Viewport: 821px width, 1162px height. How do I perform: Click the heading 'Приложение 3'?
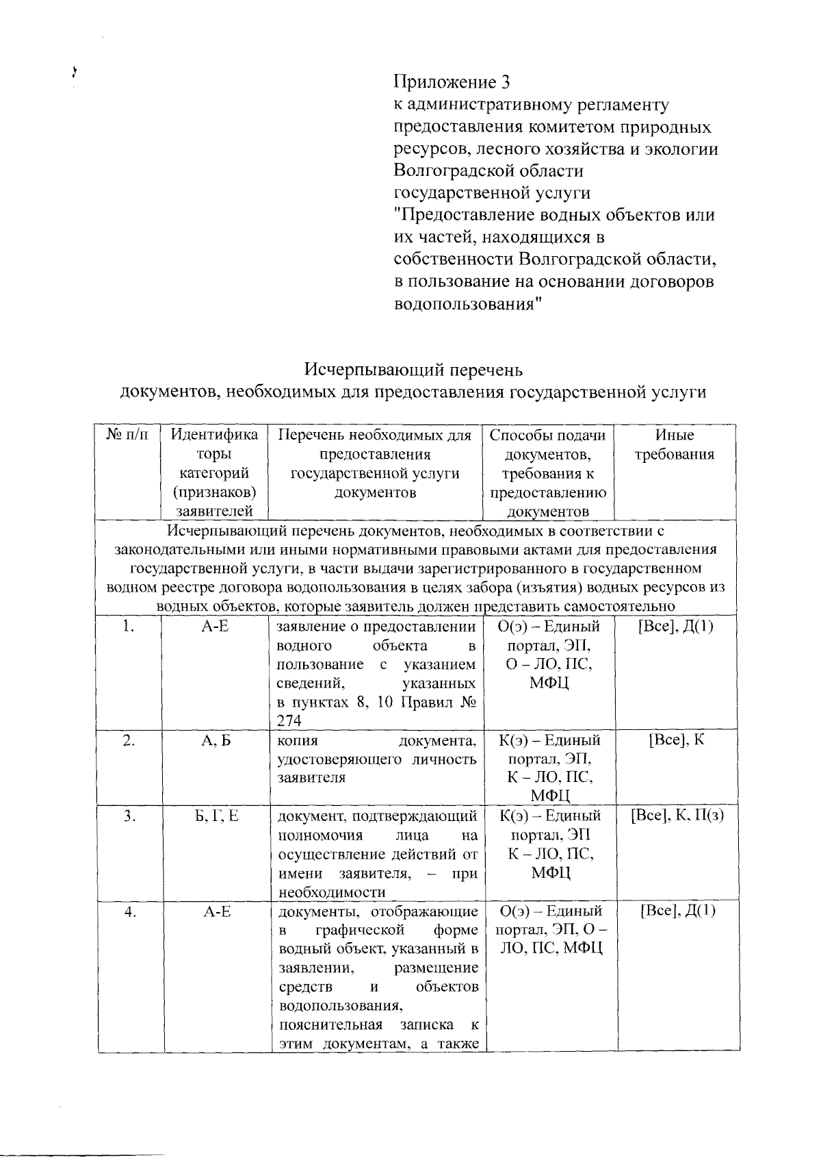[452, 82]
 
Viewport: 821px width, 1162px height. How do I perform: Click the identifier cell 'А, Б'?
[216, 740]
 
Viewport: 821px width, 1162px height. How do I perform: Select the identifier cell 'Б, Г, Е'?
[216, 816]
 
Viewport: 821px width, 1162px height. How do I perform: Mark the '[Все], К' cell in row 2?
[677, 740]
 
